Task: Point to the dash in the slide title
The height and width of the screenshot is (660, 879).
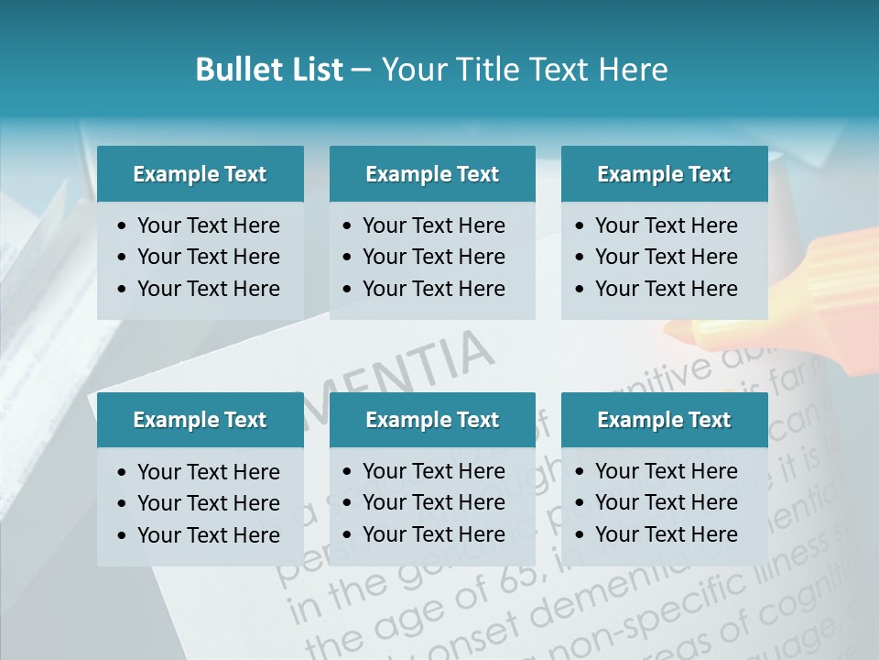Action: click(x=362, y=71)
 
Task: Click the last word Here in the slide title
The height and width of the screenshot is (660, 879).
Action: click(x=633, y=70)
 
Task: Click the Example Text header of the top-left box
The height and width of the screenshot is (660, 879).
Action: click(x=200, y=174)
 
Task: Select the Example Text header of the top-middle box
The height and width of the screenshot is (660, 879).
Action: click(x=432, y=174)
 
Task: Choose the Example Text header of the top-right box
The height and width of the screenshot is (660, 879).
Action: click(x=664, y=174)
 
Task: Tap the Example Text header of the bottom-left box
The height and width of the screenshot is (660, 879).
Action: click(x=200, y=420)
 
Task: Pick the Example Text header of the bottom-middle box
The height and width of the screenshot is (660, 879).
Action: click(x=432, y=420)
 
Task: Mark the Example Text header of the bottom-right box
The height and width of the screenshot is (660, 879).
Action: click(x=664, y=420)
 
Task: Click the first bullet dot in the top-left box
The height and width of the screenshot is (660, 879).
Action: click(x=123, y=226)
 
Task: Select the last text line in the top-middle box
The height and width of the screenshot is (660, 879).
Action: click(x=433, y=289)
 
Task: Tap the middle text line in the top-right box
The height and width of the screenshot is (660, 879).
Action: click(x=666, y=257)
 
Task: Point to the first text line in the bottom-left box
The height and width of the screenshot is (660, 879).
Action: click(x=208, y=472)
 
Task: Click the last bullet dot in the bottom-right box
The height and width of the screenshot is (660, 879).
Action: click(x=581, y=535)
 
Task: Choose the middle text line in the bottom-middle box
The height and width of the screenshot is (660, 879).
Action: click(x=433, y=502)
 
